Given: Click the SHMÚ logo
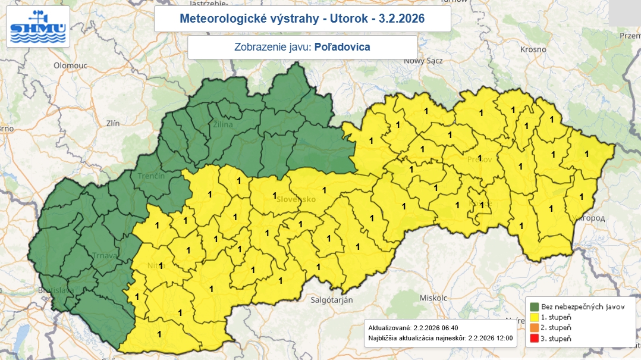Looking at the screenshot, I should click(x=38, y=27).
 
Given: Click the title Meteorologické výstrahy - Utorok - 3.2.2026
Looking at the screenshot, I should click(x=302, y=19).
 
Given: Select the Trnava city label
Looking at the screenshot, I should click(x=104, y=256).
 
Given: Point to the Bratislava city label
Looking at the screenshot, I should click(x=54, y=290).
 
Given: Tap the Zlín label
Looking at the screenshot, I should click(x=112, y=123).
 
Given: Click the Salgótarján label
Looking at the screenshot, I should click(x=332, y=300).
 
